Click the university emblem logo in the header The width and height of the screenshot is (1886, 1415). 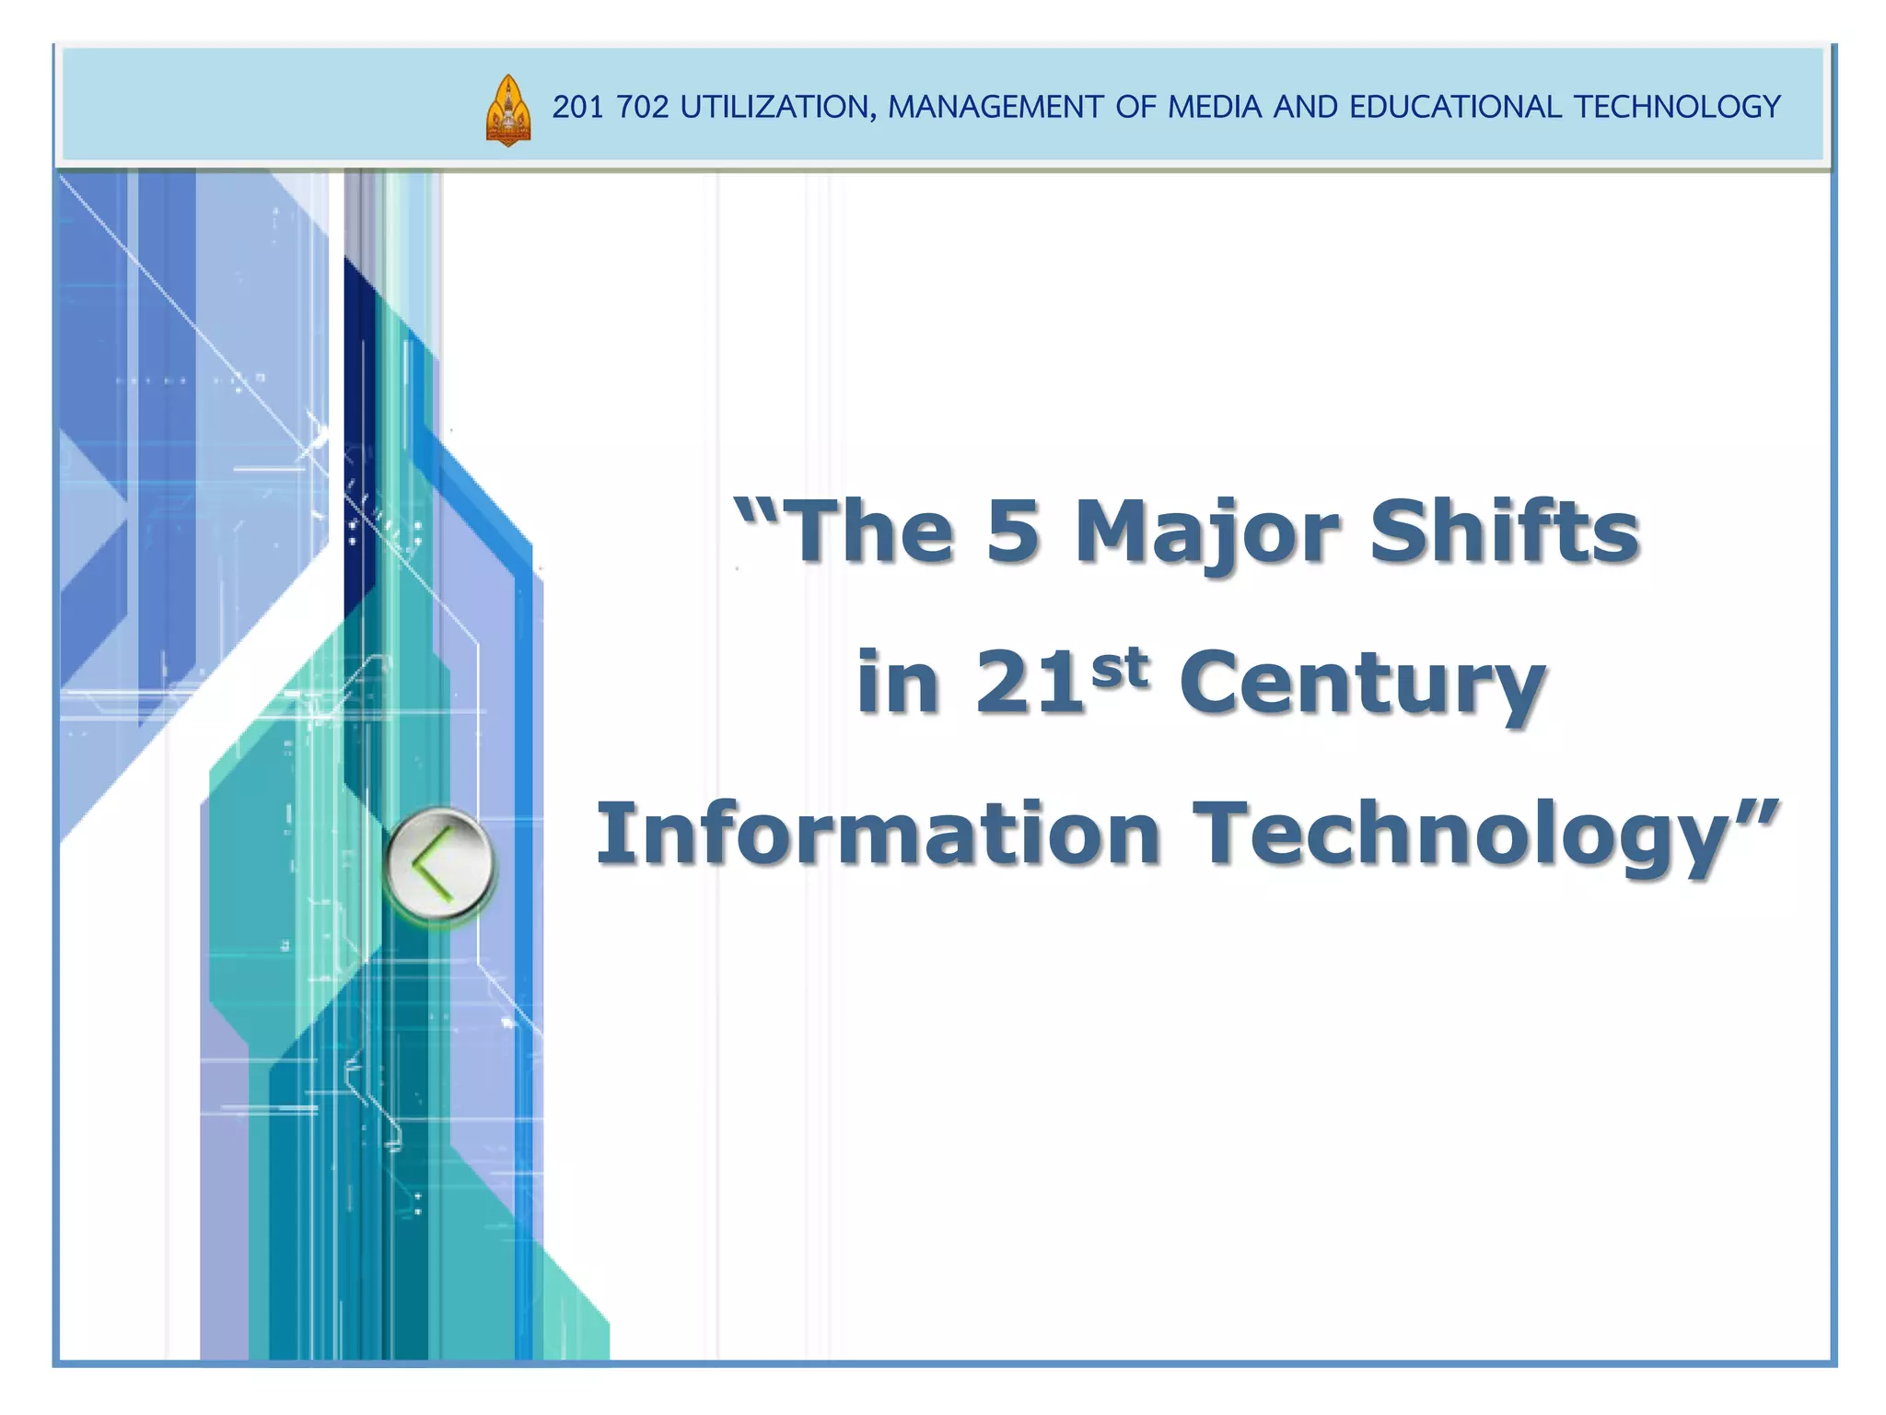pyautogui.click(x=507, y=111)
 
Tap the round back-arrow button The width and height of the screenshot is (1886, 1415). pyautogui.click(x=439, y=864)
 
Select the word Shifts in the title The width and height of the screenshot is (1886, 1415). pyautogui.click(x=1504, y=532)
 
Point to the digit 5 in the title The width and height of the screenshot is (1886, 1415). pyautogui.click(x=1013, y=532)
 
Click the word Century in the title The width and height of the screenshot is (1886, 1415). pyautogui.click(x=1363, y=684)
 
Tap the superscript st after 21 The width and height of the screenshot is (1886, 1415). pyautogui.click(x=1120, y=666)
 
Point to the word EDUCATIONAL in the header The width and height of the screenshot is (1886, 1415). pyautogui.click(x=1455, y=108)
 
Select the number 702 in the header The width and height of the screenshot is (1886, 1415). pyautogui.click(x=643, y=108)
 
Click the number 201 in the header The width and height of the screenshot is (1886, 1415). pyautogui.click(x=577, y=108)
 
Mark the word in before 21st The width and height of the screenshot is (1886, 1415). pyautogui.click(x=898, y=684)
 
